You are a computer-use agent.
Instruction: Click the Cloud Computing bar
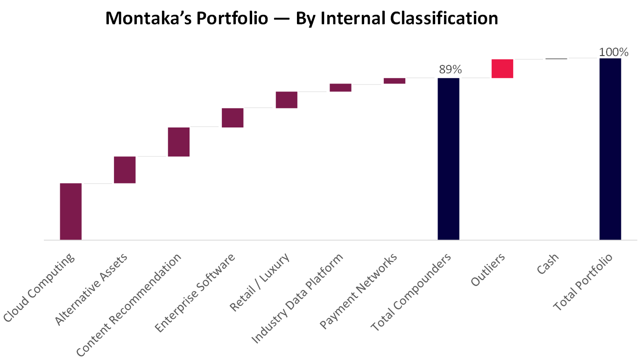pyautogui.click(x=71, y=211)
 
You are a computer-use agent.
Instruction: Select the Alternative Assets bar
pyautogui.click(x=125, y=169)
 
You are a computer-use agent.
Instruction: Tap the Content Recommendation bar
pyautogui.click(x=178, y=141)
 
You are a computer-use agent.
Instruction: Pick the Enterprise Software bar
pyautogui.click(x=233, y=118)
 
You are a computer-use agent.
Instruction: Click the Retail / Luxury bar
pyautogui.click(x=286, y=100)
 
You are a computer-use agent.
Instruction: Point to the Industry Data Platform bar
pyautogui.click(x=340, y=87)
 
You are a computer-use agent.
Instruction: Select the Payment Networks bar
pyautogui.click(x=395, y=81)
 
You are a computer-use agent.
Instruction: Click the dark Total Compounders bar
pyautogui.click(x=448, y=159)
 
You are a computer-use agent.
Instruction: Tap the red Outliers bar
pyautogui.click(x=502, y=69)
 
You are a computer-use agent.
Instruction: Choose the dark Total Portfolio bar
pyautogui.click(x=610, y=149)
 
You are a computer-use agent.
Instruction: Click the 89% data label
pyautogui.click(x=450, y=70)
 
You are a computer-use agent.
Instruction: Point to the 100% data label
pyautogui.click(x=614, y=52)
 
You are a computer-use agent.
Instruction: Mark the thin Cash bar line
pyautogui.click(x=556, y=59)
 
